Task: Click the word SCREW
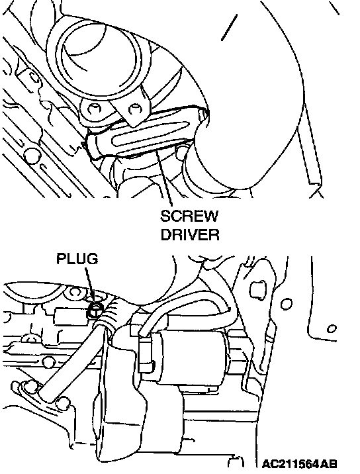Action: click(189, 216)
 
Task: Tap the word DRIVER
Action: click(190, 234)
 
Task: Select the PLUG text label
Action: click(77, 259)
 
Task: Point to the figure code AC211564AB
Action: click(299, 464)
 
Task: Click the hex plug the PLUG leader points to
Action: click(95, 310)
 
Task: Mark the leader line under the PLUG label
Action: click(89, 285)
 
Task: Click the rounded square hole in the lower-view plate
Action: click(257, 289)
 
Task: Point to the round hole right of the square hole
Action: click(287, 304)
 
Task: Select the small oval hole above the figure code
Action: click(332, 328)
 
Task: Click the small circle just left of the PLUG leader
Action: click(74, 292)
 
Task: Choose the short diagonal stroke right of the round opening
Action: click(229, 27)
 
